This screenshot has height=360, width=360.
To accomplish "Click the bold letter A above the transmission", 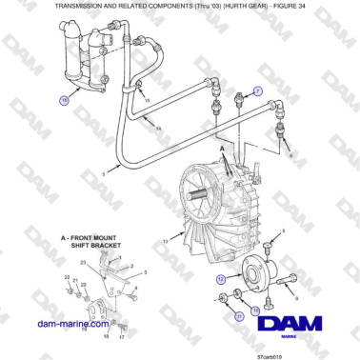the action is click(222, 150).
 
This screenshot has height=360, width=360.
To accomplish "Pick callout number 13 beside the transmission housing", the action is click(166, 243).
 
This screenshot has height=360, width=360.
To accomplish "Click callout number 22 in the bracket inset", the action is click(68, 276).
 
